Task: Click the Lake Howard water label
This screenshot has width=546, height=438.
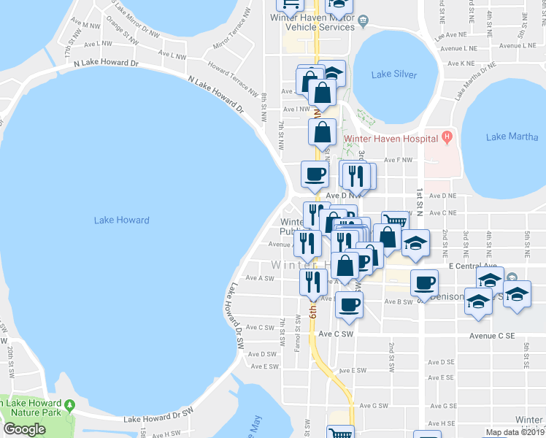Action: (x=121, y=220)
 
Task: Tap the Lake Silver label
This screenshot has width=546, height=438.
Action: (x=394, y=74)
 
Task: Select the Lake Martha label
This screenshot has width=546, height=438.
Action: (x=507, y=137)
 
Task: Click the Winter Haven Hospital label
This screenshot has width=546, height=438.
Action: (x=390, y=138)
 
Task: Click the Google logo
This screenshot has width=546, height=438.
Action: (x=24, y=429)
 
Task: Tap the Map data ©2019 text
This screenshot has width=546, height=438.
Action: (x=515, y=432)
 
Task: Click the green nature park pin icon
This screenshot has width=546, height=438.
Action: (x=69, y=404)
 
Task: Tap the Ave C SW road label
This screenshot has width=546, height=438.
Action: (x=335, y=334)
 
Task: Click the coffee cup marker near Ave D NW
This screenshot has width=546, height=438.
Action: (x=315, y=175)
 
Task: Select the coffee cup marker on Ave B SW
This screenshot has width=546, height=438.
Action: (x=349, y=304)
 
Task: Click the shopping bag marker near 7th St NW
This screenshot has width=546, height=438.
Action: (x=322, y=134)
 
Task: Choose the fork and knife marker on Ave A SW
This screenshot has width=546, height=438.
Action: (x=313, y=281)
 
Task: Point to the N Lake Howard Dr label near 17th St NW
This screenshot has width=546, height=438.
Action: (x=107, y=64)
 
